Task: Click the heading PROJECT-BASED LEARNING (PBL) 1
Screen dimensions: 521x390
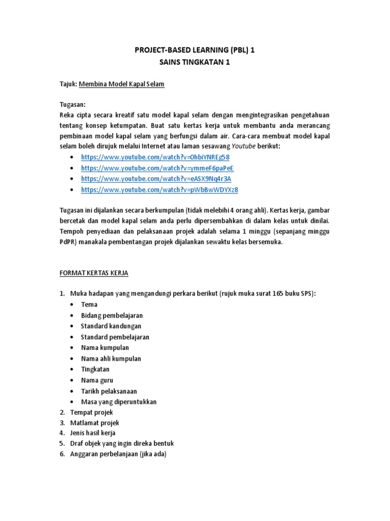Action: pos(195,51)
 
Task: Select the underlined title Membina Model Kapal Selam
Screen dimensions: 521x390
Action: pos(121,84)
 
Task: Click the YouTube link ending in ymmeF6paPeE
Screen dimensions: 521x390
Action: pos(157,168)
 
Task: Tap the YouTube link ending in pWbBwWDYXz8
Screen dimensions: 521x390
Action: pos(159,190)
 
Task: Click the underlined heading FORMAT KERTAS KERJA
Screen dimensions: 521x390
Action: pos(94,273)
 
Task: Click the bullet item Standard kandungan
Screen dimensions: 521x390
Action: pos(111,326)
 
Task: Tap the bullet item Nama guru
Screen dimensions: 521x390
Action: pos(97,380)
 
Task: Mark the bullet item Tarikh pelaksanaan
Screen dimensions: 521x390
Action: pos(109,391)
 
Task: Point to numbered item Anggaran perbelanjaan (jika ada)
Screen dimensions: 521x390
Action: pos(118,454)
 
